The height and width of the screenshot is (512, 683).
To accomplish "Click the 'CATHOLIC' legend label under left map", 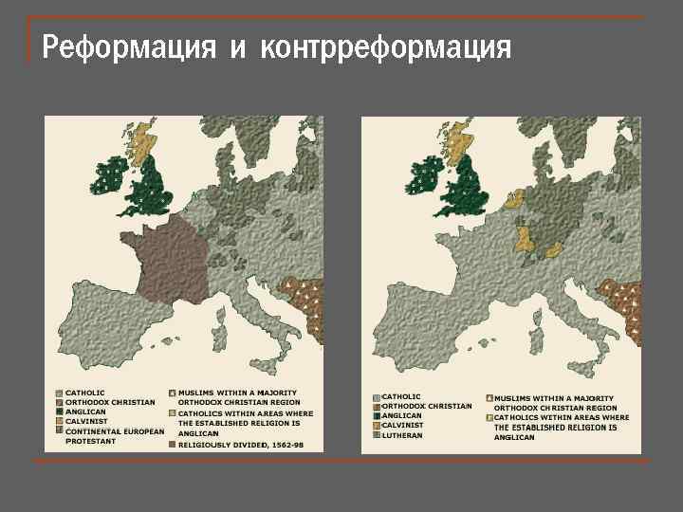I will click(x=85, y=393).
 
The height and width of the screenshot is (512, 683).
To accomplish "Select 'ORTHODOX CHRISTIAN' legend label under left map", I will click(x=110, y=402).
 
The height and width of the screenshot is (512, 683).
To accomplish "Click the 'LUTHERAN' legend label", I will click(x=401, y=435).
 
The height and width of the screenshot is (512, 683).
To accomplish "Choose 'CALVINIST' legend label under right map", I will click(x=403, y=426).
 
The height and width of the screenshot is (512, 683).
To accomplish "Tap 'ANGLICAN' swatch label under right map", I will click(x=402, y=415).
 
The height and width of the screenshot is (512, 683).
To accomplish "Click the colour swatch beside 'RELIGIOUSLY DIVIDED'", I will click(x=172, y=443).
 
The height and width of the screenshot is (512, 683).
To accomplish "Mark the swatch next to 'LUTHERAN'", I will click(x=377, y=435).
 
